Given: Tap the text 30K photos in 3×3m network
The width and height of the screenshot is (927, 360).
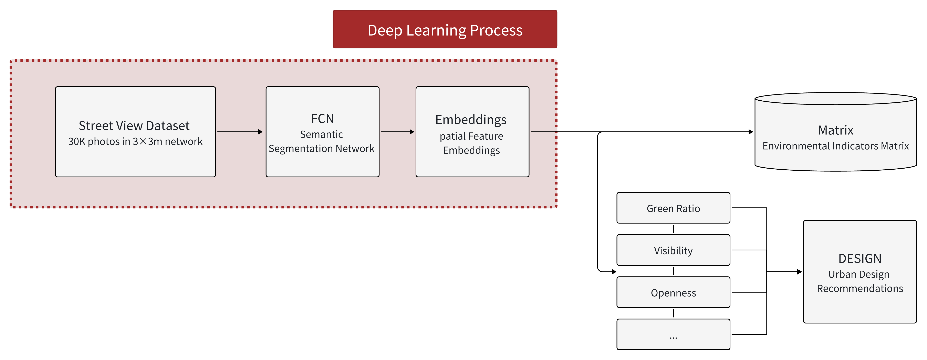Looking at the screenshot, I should click(x=135, y=141).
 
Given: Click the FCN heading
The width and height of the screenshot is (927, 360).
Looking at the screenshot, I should click(x=322, y=118).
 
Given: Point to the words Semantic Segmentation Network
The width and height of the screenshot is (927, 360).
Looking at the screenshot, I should click(x=321, y=141).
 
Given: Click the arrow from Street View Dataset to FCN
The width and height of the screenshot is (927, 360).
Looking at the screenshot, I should click(x=240, y=132).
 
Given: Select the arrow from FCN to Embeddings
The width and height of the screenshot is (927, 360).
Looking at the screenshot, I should click(x=397, y=132).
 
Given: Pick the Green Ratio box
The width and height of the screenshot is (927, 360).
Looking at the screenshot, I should click(x=673, y=208).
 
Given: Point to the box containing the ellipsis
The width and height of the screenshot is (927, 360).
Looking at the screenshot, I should click(x=673, y=334).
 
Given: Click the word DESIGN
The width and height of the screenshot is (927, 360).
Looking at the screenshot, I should click(x=860, y=259).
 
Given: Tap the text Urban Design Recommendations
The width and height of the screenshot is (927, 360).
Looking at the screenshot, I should click(x=860, y=281).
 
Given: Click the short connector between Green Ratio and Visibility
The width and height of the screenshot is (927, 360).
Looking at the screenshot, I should click(x=673, y=229).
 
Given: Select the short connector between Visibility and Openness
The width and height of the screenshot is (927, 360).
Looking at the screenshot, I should click(x=673, y=271).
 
